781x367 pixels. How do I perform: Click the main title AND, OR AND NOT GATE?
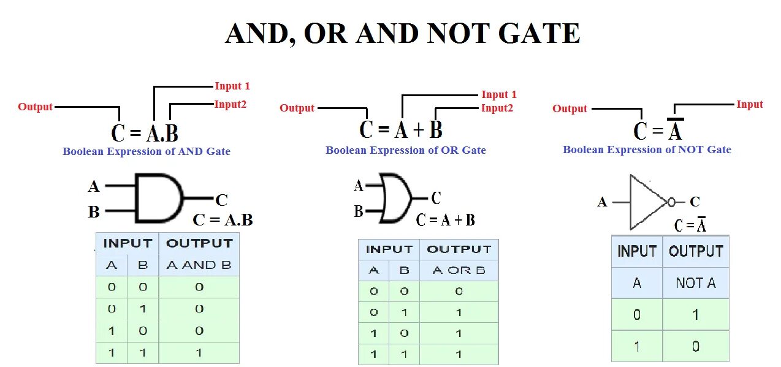coord(402,34)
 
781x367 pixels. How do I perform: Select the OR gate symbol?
coord(395,198)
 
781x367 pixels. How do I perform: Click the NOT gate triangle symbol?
coord(647,202)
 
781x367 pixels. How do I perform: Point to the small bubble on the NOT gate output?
coord(672,202)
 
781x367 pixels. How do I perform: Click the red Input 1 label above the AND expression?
coord(232,86)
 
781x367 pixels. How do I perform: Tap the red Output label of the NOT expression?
coord(570,109)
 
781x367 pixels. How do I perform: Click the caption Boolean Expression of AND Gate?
coord(147,151)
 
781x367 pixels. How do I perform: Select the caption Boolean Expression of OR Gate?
coord(405,151)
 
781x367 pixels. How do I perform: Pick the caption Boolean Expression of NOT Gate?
coord(647,149)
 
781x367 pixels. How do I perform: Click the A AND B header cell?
coord(199,265)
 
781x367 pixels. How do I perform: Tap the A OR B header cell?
coord(459,270)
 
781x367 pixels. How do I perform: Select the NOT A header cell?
coord(696,283)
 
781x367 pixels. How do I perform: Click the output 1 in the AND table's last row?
coord(199,353)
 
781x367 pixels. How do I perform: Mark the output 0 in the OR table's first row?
coord(459,292)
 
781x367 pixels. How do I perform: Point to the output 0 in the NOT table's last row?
coord(696,346)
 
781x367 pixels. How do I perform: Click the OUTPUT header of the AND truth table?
coord(199,243)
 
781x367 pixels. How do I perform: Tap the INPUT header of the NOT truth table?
coord(637,251)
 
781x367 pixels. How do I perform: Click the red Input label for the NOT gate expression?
coord(749,105)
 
